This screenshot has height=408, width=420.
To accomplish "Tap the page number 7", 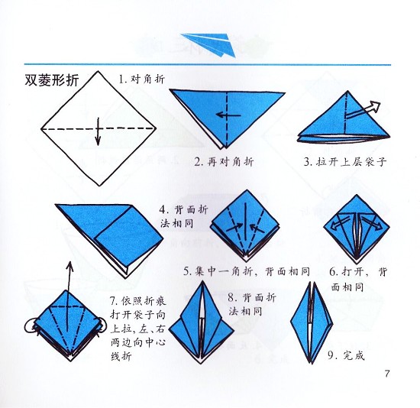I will coord(387,374).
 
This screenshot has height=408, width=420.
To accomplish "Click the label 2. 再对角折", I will coord(224,161).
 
